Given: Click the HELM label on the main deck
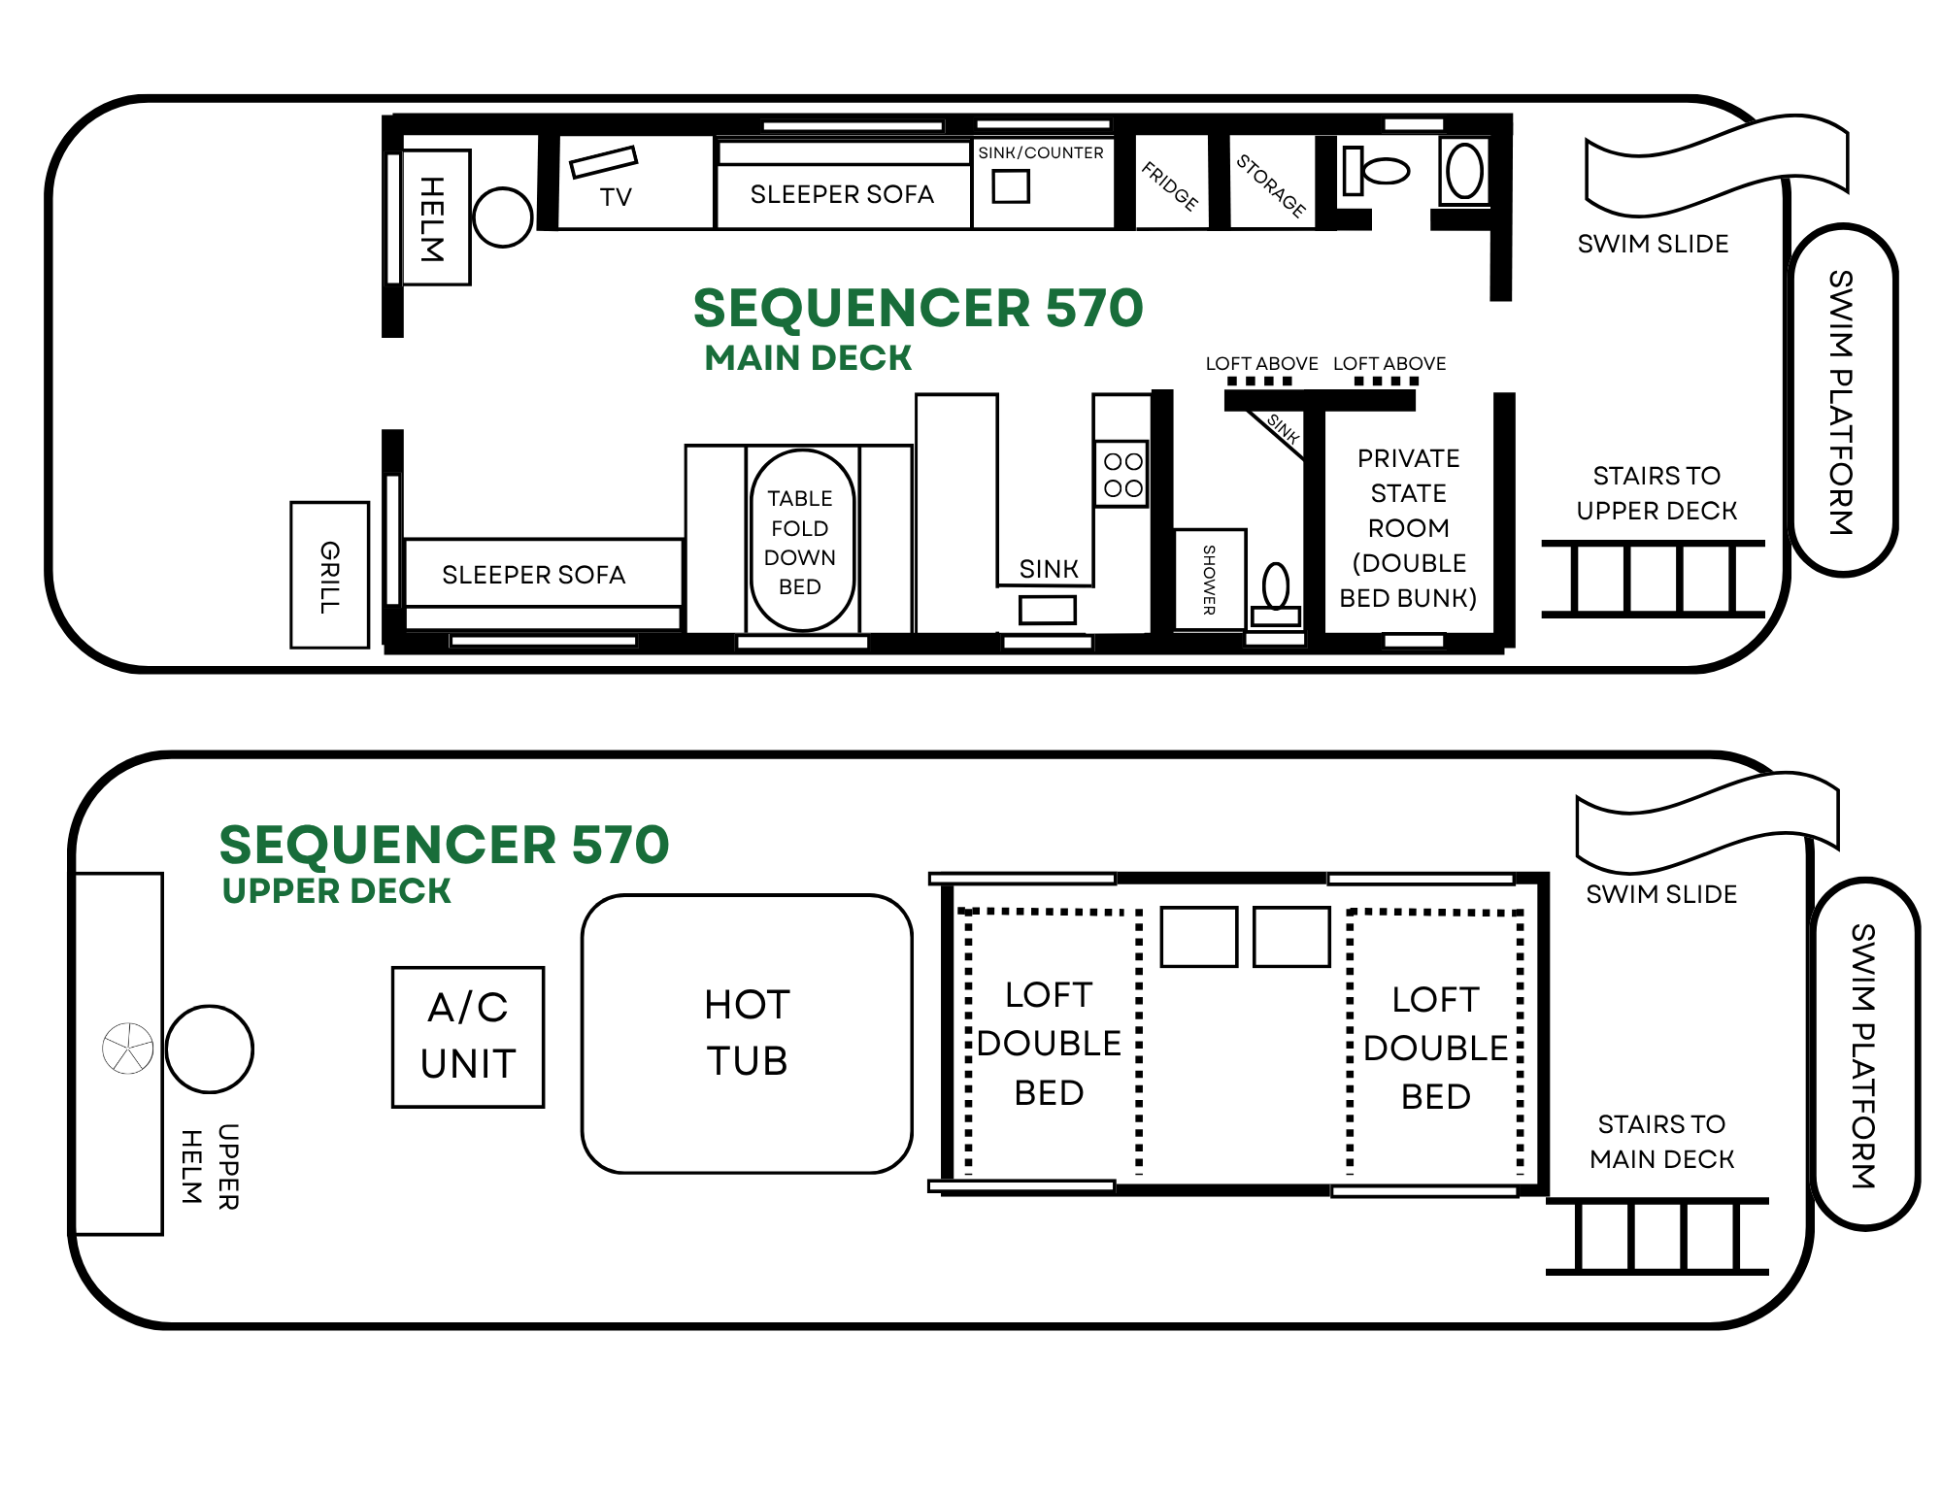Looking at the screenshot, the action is (432, 218).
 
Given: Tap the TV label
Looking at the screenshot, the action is (616, 197).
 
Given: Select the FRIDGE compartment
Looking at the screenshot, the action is (1171, 183).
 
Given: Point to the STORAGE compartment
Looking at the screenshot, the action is (1272, 183).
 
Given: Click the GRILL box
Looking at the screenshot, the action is (330, 575).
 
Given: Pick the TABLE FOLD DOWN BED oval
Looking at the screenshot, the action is (802, 540).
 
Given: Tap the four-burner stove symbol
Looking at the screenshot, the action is (1122, 474).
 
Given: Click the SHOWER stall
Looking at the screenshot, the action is (1210, 579).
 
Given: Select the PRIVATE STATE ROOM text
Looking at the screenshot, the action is (1408, 493).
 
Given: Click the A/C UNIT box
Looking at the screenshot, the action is (468, 1037).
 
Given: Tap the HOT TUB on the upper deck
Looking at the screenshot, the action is (747, 1034).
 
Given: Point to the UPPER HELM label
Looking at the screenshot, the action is (210, 1166).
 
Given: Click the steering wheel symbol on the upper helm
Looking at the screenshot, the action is (128, 1049).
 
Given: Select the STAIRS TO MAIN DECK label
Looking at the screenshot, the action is (1661, 1142).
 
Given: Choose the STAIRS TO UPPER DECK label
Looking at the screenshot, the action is (1657, 493).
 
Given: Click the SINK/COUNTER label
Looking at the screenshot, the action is (1040, 153).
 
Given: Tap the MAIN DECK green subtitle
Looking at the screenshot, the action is (808, 358).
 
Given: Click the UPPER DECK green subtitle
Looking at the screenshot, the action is (336, 890).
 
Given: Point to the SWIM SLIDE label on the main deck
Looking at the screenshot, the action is (1653, 244).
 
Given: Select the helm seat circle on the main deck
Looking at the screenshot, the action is (502, 217).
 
